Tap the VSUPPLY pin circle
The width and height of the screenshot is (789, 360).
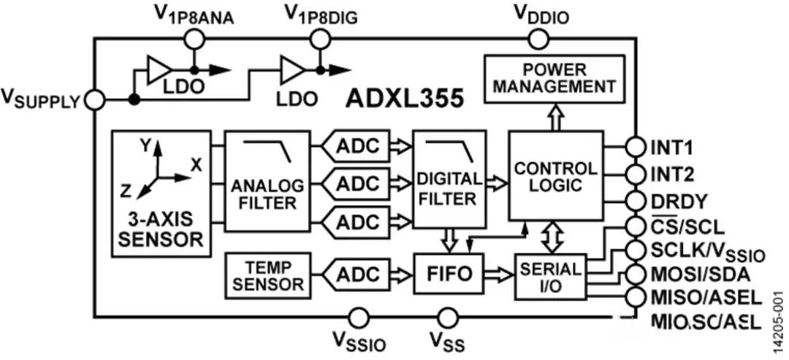coord(95,100)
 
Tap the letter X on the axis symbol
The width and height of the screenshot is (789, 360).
coord(196,165)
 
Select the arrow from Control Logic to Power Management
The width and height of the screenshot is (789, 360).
coord(556,116)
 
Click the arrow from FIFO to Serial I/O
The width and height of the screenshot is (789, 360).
coord(500,275)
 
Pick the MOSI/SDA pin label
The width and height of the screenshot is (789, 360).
coord(693,275)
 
